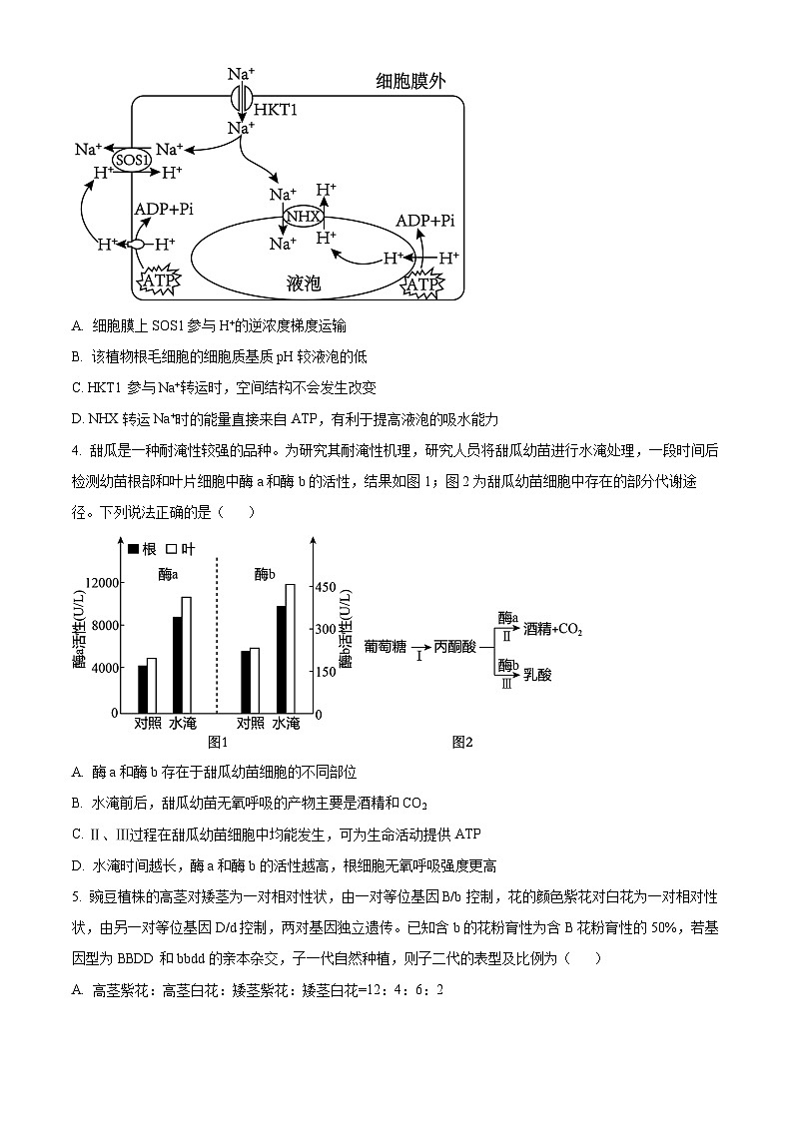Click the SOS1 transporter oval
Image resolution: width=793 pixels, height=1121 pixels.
click(131, 159)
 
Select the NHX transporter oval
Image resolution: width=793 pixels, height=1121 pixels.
click(304, 217)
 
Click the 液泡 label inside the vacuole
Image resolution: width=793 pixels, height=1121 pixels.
click(303, 284)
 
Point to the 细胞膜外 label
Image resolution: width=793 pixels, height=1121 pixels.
click(410, 82)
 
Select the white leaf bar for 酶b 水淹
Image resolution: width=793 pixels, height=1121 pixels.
click(291, 649)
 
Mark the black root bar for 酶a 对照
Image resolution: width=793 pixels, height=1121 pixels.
click(142, 689)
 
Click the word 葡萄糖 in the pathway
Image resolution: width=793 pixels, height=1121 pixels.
click(386, 647)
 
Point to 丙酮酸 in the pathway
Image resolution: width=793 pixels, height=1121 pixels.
click(454, 647)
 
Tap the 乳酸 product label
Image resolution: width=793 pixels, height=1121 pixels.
click(536, 675)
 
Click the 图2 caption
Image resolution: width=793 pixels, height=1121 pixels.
click(461, 742)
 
